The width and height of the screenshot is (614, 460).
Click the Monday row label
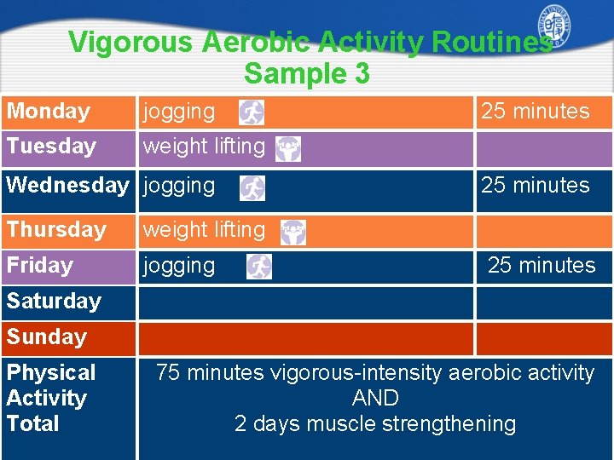(x=49, y=112)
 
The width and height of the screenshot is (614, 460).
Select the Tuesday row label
(x=51, y=147)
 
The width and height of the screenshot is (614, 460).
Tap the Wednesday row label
(x=67, y=186)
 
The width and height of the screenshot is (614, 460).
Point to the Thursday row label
(x=56, y=230)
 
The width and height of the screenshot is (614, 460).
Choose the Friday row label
(x=40, y=266)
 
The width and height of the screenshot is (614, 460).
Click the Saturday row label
(x=54, y=302)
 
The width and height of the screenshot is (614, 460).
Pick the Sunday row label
(x=47, y=337)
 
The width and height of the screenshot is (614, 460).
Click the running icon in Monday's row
(x=252, y=112)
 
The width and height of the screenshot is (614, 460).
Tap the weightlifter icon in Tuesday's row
(x=288, y=149)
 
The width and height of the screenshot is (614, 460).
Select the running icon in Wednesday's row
(x=252, y=188)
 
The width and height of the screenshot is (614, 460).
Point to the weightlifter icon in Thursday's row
(x=293, y=233)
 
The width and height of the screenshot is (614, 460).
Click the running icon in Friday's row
(x=259, y=267)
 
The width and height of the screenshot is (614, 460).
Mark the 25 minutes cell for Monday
(x=536, y=112)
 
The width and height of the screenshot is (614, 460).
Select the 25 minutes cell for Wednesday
(x=536, y=186)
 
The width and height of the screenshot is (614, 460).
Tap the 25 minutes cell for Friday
(x=542, y=266)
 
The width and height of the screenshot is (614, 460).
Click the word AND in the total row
(x=375, y=399)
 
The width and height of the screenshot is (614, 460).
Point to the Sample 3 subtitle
(x=307, y=74)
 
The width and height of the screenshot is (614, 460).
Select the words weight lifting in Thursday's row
(x=204, y=230)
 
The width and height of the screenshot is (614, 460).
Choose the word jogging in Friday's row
(x=179, y=266)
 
